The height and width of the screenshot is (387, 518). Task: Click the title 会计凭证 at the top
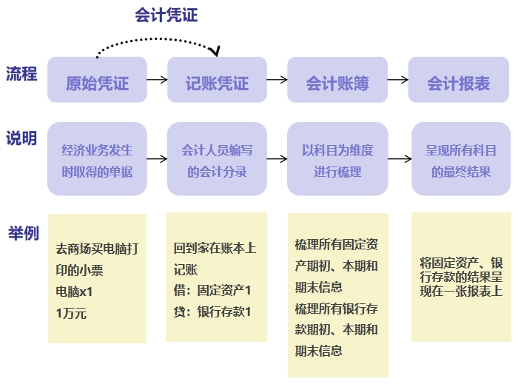click(x=166, y=15)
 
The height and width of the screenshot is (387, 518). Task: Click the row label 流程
click(x=21, y=74)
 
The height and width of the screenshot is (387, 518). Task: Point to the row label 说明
click(x=21, y=138)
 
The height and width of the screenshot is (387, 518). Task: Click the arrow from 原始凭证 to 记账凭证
click(x=157, y=80)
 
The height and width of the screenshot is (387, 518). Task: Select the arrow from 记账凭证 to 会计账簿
click(x=277, y=80)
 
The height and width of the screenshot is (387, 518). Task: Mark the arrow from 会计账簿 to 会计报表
click(x=397, y=80)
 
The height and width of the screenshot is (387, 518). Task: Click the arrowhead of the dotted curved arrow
click(x=215, y=52)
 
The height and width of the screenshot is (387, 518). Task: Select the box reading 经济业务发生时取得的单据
click(x=98, y=159)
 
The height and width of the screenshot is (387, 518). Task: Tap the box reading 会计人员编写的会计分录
click(x=217, y=159)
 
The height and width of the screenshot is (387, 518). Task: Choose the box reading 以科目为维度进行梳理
click(x=337, y=159)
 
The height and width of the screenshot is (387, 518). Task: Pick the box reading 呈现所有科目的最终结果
click(x=460, y=159)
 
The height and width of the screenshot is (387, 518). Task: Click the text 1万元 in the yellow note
click(x=71, y=313)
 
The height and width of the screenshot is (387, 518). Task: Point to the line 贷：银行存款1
click(x=212, y=312)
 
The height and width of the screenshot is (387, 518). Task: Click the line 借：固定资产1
click(x=212, y=290)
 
